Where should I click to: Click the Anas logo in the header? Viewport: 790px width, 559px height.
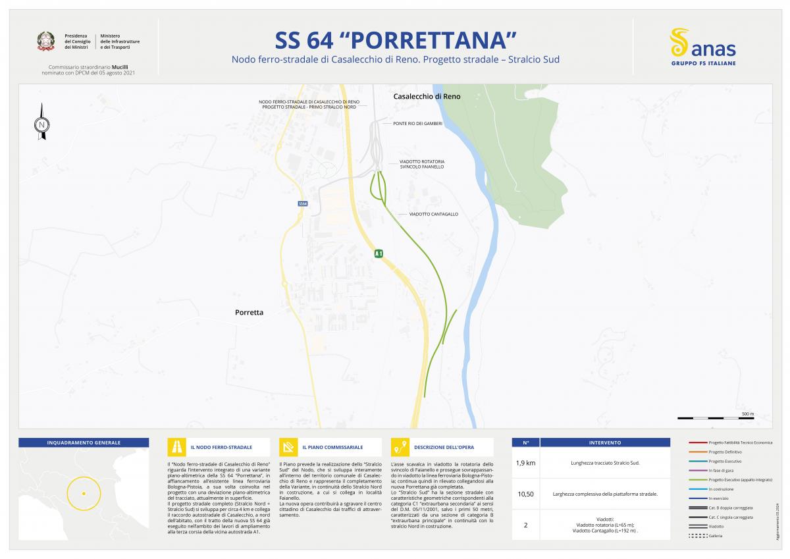point(702,46)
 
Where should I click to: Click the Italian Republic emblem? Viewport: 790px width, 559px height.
point(46,41)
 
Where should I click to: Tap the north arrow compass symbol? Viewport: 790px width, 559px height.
point(42,123)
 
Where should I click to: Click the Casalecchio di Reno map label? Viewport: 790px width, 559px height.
point(427,96)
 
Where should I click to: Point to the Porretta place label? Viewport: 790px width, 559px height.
point(249,313)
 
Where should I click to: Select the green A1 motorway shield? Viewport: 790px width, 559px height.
point(379,253)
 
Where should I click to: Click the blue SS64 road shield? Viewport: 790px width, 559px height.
point(303,204)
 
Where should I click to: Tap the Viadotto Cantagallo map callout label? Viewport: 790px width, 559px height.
point(433,214)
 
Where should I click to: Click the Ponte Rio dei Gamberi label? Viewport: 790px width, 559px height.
point(417,123)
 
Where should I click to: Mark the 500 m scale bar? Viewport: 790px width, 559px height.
point(716,418)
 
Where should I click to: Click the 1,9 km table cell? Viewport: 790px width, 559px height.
point(525,463)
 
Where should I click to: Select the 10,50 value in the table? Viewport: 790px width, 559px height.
point(525,493)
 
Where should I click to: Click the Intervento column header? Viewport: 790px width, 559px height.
point(605,442)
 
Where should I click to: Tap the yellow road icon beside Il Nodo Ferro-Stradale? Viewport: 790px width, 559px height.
point(176,447)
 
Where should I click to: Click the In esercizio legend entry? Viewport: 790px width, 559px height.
point(718,498)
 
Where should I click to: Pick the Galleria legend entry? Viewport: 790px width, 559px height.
point(716,536)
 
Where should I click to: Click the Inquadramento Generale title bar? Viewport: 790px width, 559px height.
point(84,442)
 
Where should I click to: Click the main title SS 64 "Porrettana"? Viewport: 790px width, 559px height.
point(395,41)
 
